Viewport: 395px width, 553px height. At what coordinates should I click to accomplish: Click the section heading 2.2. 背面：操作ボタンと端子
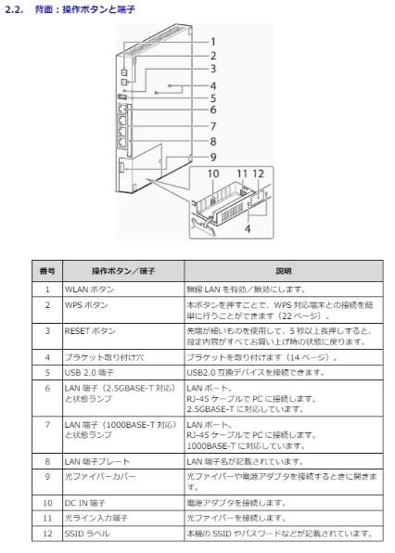pos(70,8)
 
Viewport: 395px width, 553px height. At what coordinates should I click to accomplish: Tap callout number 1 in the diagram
pos(211,42)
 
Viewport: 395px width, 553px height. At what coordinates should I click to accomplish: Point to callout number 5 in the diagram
pos(211,96)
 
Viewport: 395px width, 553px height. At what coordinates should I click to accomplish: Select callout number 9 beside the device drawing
pos(211,157)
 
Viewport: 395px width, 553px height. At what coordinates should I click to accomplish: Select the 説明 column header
pos(283,270)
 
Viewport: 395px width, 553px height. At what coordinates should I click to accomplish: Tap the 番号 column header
pos(46,270)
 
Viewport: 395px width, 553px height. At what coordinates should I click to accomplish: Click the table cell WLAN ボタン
pos(90,289)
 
